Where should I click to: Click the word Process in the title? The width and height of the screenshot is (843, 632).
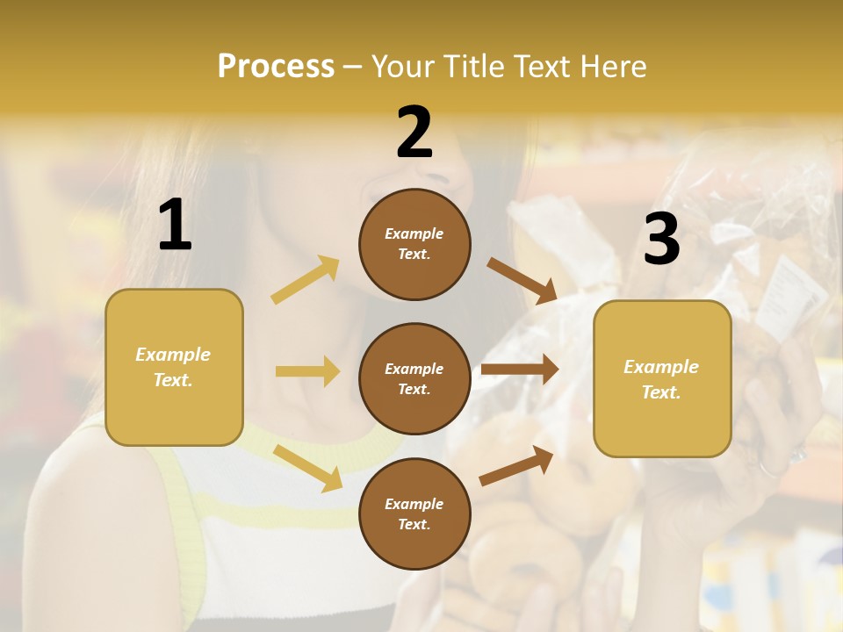[x=276, y=67]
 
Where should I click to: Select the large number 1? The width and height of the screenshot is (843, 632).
[x=175, y=226]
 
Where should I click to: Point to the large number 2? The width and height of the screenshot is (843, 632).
[x=414, y=133]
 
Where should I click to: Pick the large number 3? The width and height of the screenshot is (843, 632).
[x=661, y=239]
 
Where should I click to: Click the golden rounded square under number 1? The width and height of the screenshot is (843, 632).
[x=174, y=367]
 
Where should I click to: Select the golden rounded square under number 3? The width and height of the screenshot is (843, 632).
[x=662, y=378]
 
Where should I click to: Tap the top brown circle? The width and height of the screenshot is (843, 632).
[x=414, y=244]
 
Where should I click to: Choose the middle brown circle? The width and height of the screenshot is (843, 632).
[x=414, y=378]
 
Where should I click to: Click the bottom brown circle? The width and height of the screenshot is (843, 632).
[x=414, y=513]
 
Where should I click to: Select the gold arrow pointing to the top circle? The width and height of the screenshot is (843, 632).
[x=306, y=279]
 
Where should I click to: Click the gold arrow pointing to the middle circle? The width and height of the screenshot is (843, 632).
[x=307, y=371]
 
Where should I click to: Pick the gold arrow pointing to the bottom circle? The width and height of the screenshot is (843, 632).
[x=307, y=467]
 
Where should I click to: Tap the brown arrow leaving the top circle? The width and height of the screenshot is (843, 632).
[x=522, y=280]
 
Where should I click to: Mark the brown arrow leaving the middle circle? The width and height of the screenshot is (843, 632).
[x=520, y=370]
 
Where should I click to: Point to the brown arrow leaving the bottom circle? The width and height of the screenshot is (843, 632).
[x=516, y=465]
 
